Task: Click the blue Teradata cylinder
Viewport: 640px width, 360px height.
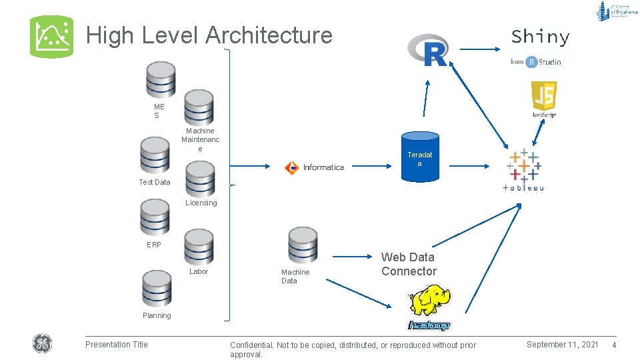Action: click(x=420, y=155)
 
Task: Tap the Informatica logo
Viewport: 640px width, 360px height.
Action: click(x=314, y=167)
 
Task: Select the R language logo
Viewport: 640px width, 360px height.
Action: click(x=428, y=50)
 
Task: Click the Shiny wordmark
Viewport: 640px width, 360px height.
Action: click(x=541, y=37)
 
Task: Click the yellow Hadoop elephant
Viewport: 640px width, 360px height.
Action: click(x=430, y=301)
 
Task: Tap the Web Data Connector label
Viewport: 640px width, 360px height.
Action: click(x=409, y=264)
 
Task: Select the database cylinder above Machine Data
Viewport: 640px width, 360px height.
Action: click(x=303, y=245)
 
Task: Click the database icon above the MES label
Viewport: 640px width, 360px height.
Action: click(x=161, y=80)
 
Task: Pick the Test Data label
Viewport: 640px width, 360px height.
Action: click(x=154, y=182)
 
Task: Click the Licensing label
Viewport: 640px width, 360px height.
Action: click(x=201, y=203)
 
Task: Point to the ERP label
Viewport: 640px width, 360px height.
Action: click(x=154, y=245)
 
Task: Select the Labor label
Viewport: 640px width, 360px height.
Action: click(x=199, y=271)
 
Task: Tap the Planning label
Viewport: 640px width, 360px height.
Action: click(x=156, y=315)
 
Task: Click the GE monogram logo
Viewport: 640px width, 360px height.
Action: click(x=42, y=344)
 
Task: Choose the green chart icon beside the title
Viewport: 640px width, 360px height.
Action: click(x=52, y=37)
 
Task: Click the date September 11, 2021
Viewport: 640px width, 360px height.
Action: click(x=562, y=344)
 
